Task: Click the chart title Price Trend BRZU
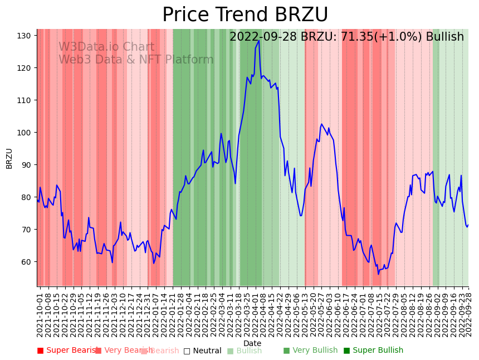[x=245, y=15]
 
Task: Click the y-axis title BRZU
[x=9, y=158]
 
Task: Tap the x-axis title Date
[x=252, y=343]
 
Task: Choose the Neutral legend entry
[x=202, y=351]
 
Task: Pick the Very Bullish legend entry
[x=310, y=351]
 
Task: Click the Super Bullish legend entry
[x=373, y=351]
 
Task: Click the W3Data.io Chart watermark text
[x=106, y=47]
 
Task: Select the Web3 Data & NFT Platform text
[x=136, y=60]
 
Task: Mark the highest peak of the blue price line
[x=259, y=40]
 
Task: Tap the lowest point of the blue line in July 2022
[x=378, y=274]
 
